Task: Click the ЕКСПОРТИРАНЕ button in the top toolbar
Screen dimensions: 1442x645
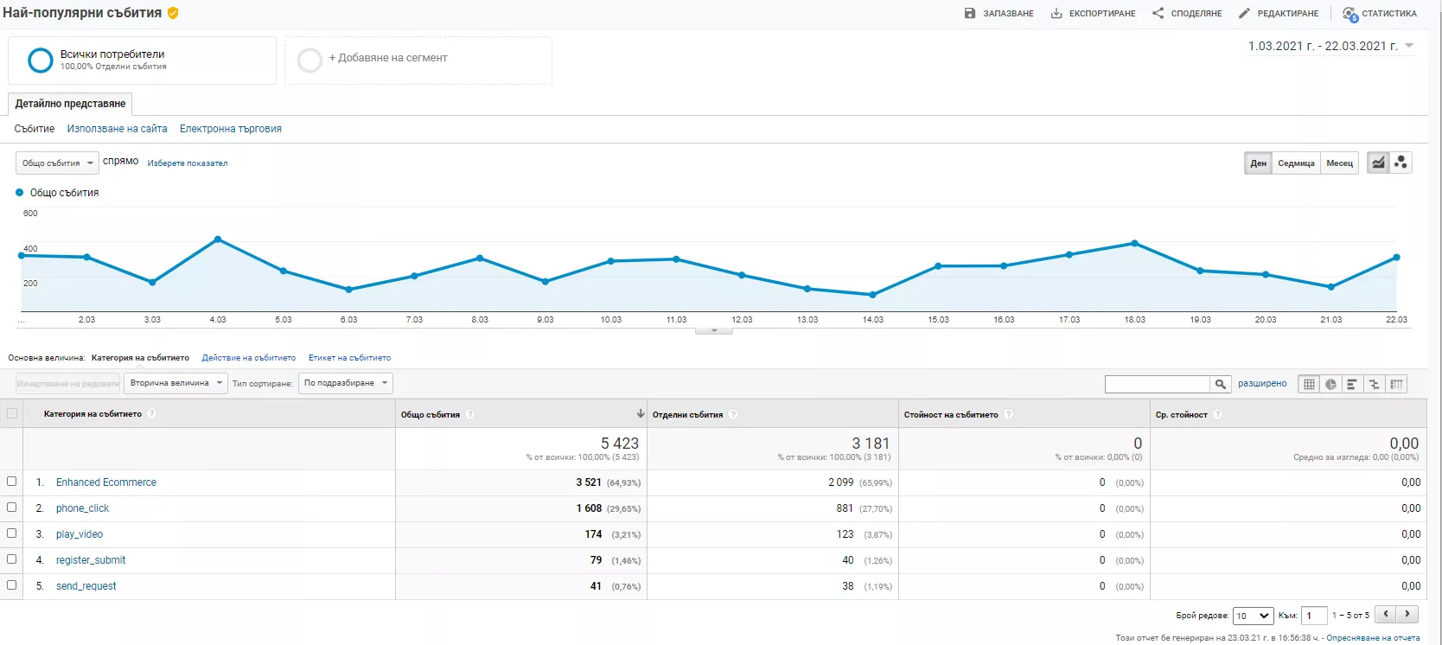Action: coord(1093,14)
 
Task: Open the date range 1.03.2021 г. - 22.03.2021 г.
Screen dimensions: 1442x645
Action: coord(1330,47)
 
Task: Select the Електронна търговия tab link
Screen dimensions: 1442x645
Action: coord(231,129)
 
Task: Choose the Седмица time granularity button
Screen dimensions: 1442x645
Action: coord(1296,163)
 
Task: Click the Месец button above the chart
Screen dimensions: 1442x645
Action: coord(1340,163)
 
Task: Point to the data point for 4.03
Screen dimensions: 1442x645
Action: coord(218,239)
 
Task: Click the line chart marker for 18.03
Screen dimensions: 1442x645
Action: coord(1134,243)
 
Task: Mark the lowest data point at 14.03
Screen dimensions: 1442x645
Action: coord(872,295)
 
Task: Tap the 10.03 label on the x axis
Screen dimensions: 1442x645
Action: coord(611,319)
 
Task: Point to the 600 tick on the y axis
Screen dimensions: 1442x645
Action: coord(30,213)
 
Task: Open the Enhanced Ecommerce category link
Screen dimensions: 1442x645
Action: coord(106,482)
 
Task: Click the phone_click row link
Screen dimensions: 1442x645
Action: coord(82,508)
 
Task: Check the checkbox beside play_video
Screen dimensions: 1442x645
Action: coord(11,533)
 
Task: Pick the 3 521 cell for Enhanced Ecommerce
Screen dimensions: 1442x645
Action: coord(589,482)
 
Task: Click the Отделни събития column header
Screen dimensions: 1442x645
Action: coord(687,414)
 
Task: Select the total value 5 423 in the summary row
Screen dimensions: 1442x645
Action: coord(619,444)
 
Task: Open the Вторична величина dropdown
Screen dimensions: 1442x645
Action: coord(175,383)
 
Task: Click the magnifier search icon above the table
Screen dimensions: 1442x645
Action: coord(1220,384)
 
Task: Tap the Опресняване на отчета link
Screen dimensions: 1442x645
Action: coord(1373,638)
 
